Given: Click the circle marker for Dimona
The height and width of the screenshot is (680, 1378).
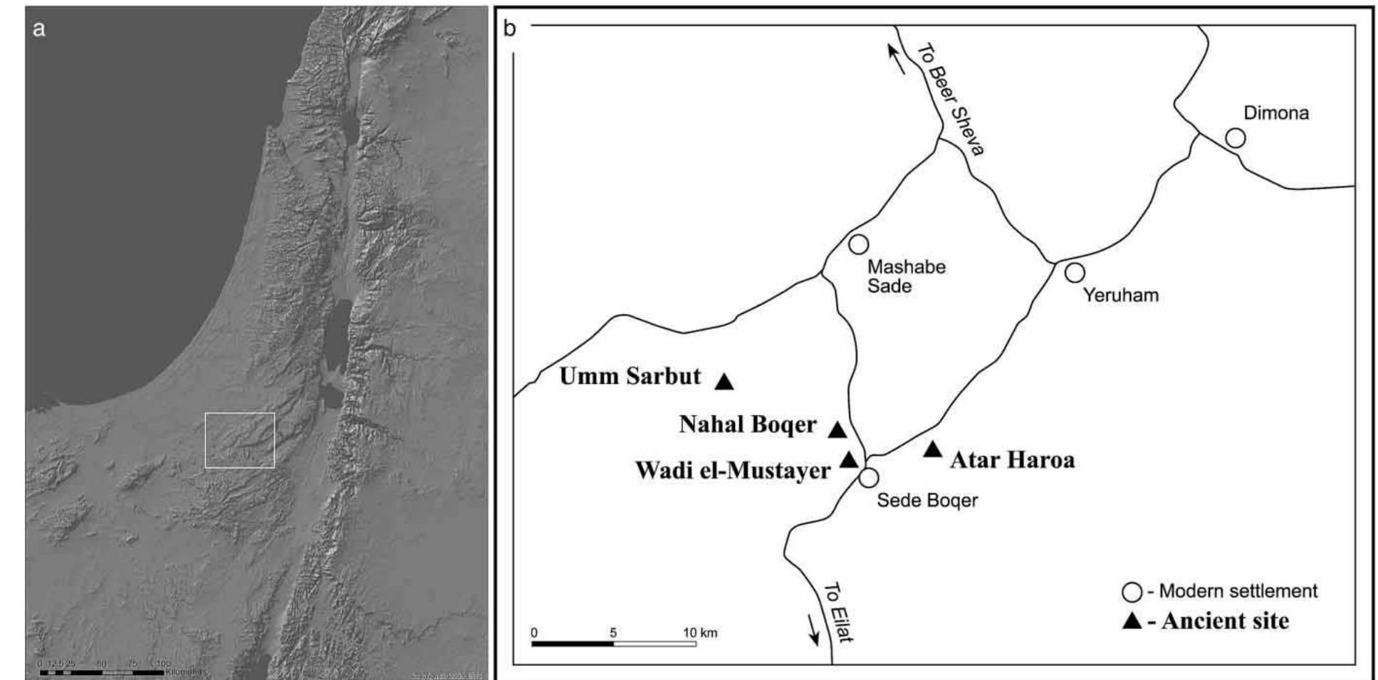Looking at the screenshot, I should pyautogui.click(x=1235, y=138).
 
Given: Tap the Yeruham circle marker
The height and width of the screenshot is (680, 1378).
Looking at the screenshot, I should pyautogui.click(x=1075, y=272).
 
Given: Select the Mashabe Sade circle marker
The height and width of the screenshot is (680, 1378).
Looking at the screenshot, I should pyautogui.click(x=859, y=244).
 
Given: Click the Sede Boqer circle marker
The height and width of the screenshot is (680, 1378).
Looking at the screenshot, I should pyautogui.click(x=868, y=477).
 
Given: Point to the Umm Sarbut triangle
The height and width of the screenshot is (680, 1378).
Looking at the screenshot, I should pyautogui.click(x=724, y=382).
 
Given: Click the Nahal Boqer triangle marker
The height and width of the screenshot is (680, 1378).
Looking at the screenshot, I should pyautogui.click(x=837, y=430).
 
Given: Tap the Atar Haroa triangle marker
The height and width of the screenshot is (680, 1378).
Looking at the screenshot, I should pyautogui.click(x=932, y=449).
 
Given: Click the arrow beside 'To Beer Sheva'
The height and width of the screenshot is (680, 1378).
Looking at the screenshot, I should pyautogui.click(x=897, y=58).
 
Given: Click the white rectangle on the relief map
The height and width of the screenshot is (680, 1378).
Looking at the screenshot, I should pyautogui.click(x=240, y=440).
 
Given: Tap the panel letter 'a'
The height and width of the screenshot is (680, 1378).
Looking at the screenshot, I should pyautogui.click(x=39, y=29).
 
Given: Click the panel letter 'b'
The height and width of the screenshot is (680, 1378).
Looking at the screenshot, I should pyautogui.click(x=509, y=29).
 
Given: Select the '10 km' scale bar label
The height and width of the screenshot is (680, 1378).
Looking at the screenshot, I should pyautogui.click(x=700, y=633).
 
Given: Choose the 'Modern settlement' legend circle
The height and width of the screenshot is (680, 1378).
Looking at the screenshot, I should pyautogui.click(x=1132, y=592).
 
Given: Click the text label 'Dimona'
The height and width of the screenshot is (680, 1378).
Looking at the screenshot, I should pyautogui.click(x=1275, y=113).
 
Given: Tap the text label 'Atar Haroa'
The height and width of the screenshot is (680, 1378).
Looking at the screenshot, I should pyautogui.click(x=1012, y=460).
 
